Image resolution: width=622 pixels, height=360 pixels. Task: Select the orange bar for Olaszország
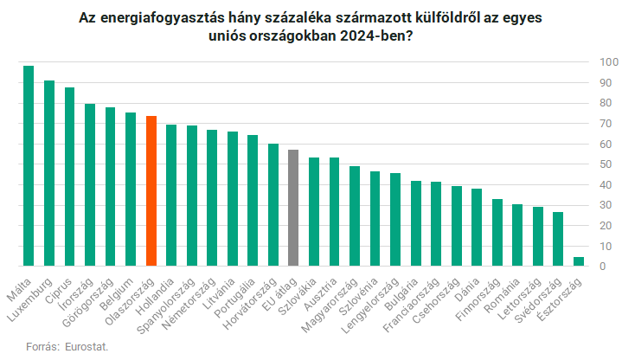(151, 191)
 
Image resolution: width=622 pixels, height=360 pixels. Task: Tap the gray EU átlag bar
(293, 209)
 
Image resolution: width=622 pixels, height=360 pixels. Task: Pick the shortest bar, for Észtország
(579, 262)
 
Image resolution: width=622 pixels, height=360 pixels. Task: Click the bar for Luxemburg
(49, 173)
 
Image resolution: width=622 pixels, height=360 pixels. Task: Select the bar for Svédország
(558, 239)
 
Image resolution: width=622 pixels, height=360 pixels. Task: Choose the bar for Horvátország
(273, 205)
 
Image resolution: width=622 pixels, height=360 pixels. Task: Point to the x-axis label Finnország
(485, 294)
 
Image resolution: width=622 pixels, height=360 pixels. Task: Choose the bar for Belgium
(131, 190)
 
